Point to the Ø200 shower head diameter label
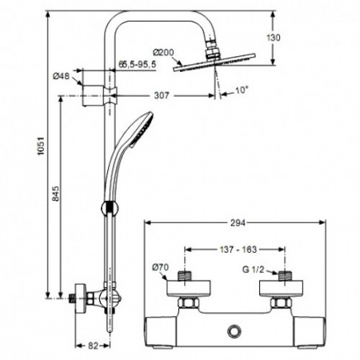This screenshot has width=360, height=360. coord(164,53)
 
